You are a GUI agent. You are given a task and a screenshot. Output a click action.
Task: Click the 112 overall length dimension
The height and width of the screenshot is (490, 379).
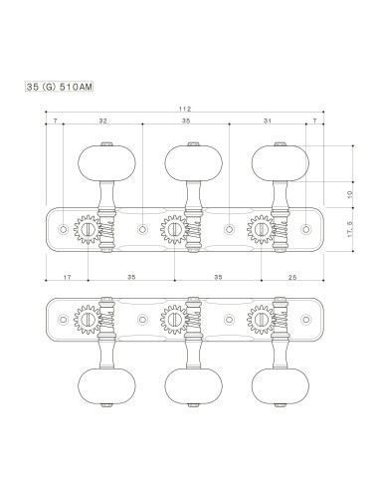186,109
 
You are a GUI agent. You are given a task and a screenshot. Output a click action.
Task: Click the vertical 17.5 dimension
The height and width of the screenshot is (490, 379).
349,231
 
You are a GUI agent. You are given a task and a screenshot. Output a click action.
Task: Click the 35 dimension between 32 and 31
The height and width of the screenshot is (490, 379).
186,121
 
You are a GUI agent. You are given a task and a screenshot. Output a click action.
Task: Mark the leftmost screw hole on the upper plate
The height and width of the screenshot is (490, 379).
64,230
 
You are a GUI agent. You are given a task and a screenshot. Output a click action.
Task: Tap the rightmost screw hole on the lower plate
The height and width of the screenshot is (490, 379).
308,319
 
